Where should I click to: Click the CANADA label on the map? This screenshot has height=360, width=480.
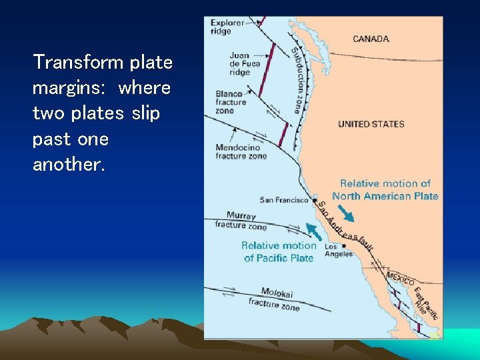click(x=371, y=39)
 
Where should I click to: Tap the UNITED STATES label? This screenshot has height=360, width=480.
click(x=371, y=124)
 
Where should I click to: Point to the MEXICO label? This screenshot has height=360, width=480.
click(x=400, y=278)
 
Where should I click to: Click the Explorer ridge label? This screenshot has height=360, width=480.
click(x=227, y=27)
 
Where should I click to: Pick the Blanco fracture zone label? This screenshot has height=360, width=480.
click(x=231, y=102)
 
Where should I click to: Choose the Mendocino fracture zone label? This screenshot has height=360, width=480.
click(x=241, y=151)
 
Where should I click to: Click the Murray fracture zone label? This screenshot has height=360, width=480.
click(x=241, y=221)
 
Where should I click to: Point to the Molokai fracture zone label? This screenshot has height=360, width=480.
click(x=273, y=299)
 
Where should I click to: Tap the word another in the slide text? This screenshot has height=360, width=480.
click(x=69, y=165)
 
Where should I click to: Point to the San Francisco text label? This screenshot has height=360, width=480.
click(x=284, y=200)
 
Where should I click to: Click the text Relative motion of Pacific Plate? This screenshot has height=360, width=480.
click(x=279, y=251)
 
